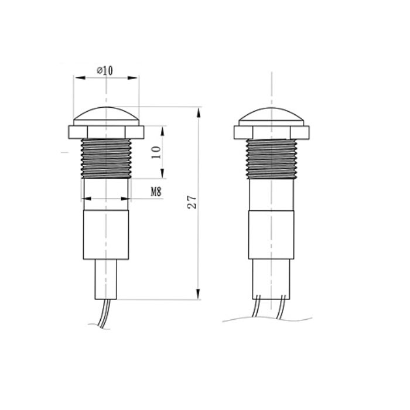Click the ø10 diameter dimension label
pos(105,70)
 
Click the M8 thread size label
pos(156,192)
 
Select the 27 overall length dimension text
pos(192,201)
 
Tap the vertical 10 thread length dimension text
pos(156,152)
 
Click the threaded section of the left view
pos(106,159)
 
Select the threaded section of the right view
pos(271,159)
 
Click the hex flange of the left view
pos(106,132)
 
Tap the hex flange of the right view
pos(271,132)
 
